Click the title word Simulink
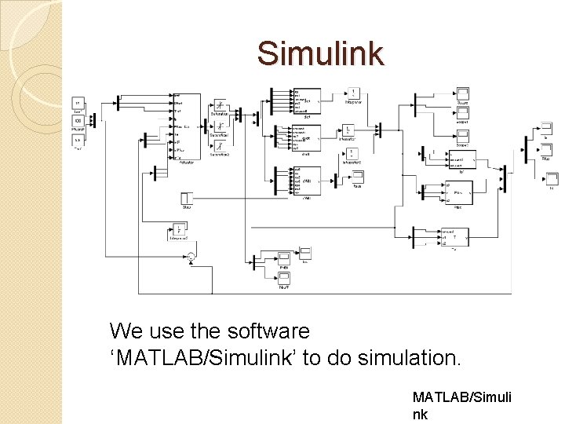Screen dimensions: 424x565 coord(320,53)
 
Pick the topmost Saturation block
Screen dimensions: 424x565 coord(221,105)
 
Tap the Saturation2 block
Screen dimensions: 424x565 coord(221,145)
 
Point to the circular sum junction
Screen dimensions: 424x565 coord(190,257)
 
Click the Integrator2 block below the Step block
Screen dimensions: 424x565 coord(178,229)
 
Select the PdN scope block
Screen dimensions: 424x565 coord(284,258)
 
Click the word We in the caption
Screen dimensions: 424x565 coord(126,331)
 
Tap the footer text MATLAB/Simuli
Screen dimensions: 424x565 coord(461,398)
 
